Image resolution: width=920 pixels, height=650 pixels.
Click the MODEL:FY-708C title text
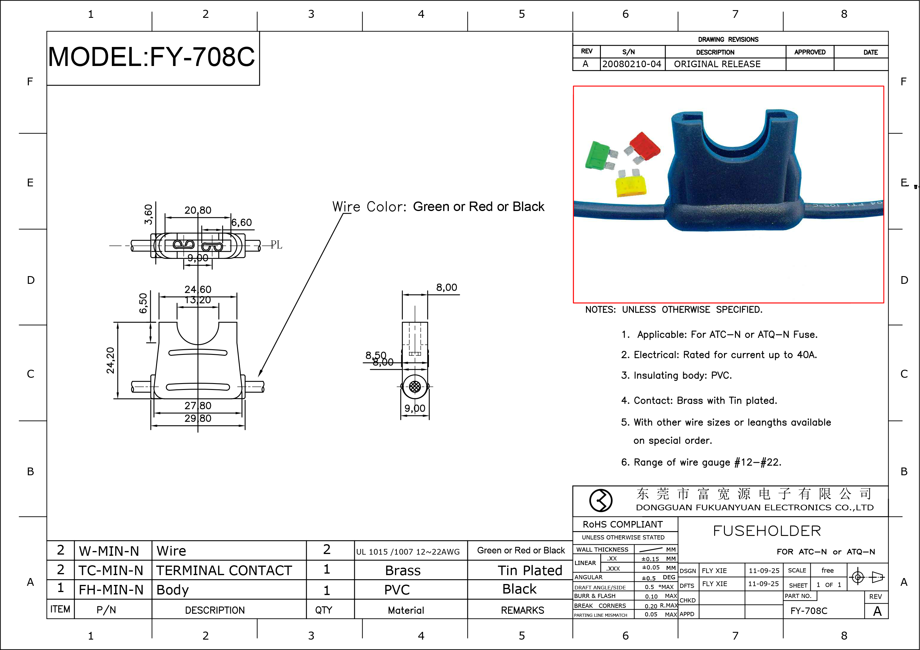[x=151, y=57]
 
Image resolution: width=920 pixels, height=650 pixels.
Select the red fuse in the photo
[x=644, y=146]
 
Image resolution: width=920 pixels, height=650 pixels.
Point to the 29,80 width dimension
[x=198, y=418]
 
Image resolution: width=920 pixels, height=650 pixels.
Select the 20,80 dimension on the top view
[x=198, y=210]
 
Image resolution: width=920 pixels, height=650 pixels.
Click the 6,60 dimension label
[x=242, y=223]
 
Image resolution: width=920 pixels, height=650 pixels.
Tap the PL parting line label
[x=276, y=245]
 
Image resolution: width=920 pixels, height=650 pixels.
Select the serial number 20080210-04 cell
[x=631, y=64]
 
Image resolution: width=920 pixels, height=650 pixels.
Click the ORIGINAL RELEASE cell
[x=717, y=64]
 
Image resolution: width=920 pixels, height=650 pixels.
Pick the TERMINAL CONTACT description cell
[x=224, y=570]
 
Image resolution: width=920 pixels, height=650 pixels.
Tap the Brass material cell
[x=403, y=570]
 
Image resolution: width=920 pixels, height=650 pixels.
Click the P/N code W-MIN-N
[x=109, y=551]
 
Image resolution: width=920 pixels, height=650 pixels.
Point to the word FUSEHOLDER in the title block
[x=767, y=531]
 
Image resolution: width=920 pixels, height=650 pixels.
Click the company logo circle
[x=601, y=500]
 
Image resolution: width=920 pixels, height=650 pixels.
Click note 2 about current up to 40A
[x=719, y=355]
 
